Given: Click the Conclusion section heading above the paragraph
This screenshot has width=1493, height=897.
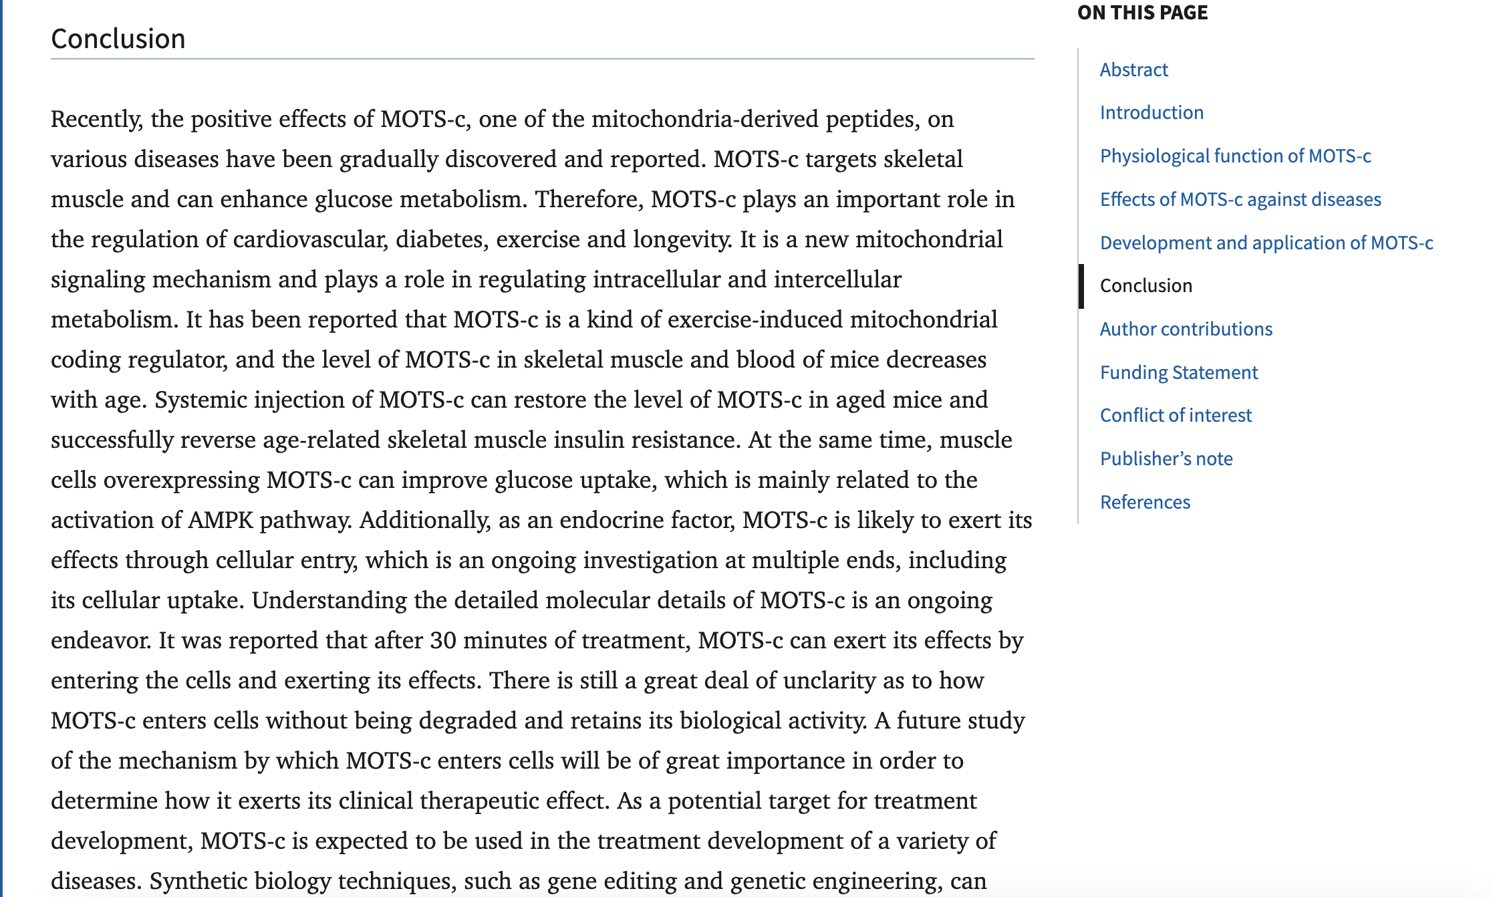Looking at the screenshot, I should pyautogui.click(x=118, y=39).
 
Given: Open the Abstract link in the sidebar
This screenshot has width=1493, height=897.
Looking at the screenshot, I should pyautogui.click(x=1133, y=70).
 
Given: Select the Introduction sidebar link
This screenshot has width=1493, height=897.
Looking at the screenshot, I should pyautogui.click(x=1151, y=112).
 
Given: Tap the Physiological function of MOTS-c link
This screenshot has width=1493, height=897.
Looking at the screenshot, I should pyautogui.click(x=1235, y=156).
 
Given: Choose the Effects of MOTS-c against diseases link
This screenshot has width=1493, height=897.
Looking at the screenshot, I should pyautogui.click(x=1240, y=199).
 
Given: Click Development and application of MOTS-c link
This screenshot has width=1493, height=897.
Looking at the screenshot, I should pyautogui.click(x=1266, y=243).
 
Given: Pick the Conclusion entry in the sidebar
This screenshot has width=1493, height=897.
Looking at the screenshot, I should pyautogui.click(x=1145, y=285).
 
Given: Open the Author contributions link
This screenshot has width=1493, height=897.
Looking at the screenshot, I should pyautogui.click(x=1186, y=329).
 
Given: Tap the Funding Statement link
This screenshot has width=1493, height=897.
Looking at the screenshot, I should pyautogui.click(x=1179, y=372).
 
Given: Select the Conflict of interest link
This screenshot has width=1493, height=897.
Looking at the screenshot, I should pyautogui.click(x=1176, y=415).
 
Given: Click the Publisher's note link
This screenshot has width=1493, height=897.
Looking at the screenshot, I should pyautogui.click(x=1166, y=459).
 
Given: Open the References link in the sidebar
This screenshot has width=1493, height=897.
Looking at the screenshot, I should pyautogui.click(x=1145, y=502).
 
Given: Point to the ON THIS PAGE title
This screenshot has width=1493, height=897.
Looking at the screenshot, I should pyautogui.click(x=1142, y=13).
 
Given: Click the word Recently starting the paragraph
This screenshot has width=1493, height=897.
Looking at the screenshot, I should pyautogui.click(x=96, y=119).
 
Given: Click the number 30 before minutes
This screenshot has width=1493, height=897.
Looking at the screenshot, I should pyautogui.click(x=443, y=640).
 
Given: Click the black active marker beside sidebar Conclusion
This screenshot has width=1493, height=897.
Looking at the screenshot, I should pyautogui.click(x=1081, y=286).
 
